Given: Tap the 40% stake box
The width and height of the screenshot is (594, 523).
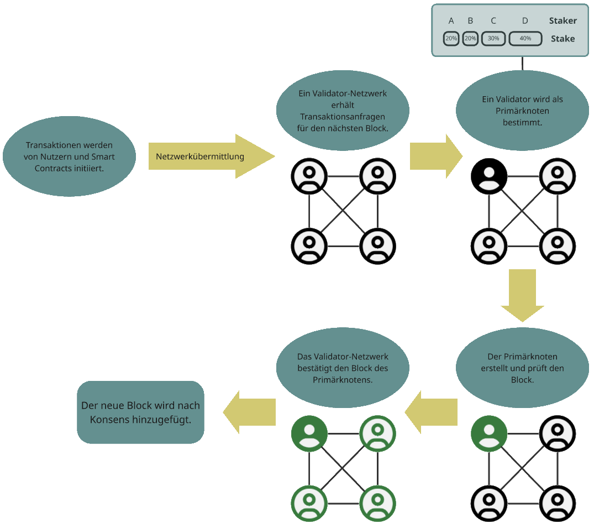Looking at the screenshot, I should click(x=525, y=39).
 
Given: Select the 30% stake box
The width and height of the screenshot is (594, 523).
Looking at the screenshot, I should click(x=493, y=39).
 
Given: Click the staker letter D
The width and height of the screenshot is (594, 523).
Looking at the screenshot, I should click(x=525, y=21).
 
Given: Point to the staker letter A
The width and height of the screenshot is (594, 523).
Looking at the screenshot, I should click(x=451, y=21).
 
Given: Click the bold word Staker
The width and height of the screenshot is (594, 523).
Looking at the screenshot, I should click(x=563, y=21).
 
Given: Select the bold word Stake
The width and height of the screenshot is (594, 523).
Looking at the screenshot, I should click(x=563, y=39).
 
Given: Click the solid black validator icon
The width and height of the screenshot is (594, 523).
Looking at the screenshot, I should click(x=488, y=176).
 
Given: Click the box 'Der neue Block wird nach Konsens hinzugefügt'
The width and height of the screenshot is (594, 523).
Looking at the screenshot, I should click(x=140, y=412).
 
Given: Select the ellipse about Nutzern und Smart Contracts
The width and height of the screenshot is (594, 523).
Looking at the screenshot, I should click(x=69, y=157).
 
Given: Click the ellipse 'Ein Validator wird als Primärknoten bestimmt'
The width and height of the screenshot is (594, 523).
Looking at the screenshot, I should click(x=522, y=111).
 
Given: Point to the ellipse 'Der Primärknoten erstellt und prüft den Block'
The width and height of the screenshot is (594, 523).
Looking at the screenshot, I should click(x=522, y=368).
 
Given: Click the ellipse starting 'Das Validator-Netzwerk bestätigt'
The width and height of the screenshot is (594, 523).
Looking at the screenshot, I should click(x=342, y=368).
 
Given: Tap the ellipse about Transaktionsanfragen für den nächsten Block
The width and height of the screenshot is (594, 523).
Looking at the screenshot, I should click(x=342, y=111).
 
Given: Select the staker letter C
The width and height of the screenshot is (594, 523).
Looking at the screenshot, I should click(x=493, y=21).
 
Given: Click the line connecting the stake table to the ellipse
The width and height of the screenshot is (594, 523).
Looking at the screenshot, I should click(x=522, y=63).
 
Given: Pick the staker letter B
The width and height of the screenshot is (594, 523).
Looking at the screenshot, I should click(x=470, y=21).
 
